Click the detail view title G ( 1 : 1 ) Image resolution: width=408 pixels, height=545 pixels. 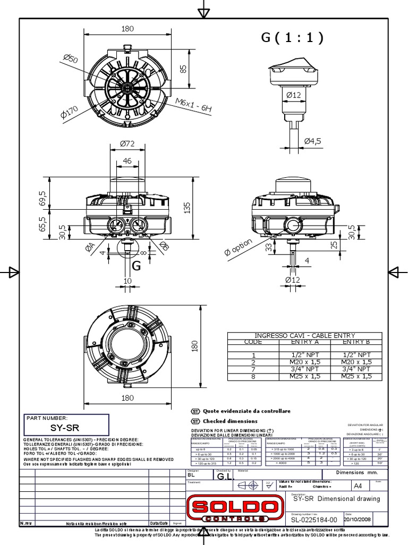click(x=292, y=37)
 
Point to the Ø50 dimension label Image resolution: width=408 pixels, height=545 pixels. click(x=70, y=59)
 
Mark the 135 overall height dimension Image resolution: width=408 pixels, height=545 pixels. click(x=186, y=209)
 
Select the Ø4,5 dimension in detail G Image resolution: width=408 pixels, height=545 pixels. click(x=312, y=141)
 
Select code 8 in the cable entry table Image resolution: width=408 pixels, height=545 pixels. click(x=253, y=376)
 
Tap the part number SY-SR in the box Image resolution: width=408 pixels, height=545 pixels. click(x=64, y=427)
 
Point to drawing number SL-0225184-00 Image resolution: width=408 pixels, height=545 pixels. click(x=314, y=519)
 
